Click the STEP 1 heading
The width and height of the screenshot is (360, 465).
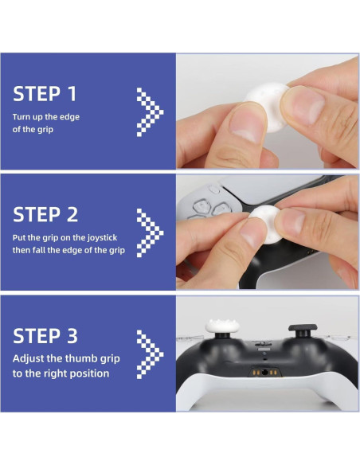(x=45, y=94)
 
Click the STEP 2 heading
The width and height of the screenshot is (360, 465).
(x=45, y=214)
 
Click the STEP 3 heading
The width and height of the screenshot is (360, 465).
(x=45, y=336)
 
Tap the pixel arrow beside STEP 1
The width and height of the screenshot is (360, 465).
(x=150, y=111)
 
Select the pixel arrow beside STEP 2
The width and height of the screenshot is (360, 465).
(x=150, y=232)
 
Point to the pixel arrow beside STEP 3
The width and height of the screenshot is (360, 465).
(x=150, y=354)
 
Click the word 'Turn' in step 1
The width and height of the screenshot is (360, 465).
(x=20, y=117)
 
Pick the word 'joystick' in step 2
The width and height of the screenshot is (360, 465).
(x=102, y=238)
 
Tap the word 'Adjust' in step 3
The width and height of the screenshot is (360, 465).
(x=28, y=359)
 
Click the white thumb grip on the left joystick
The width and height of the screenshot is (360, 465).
(x=222, y=326)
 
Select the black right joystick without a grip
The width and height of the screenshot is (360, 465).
(x=303, y=330)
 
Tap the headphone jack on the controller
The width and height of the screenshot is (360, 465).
(x=264, y=372)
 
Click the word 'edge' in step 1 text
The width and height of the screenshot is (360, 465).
(x=69, y=117)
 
